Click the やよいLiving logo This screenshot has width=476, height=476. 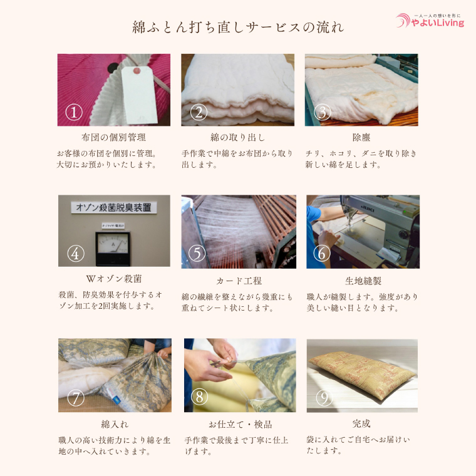coord(431,21)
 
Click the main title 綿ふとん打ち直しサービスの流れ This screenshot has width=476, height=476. coord(238,28)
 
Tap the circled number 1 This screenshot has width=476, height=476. coord(74,112)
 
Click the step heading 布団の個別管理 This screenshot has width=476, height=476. coord(113,137)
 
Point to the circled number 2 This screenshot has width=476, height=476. coord(199,112)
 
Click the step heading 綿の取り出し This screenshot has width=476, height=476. coord(237,137)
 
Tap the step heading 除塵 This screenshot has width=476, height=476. coord(361,137)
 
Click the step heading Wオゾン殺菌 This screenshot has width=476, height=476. coord(113,279)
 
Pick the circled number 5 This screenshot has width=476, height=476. coord(197,253)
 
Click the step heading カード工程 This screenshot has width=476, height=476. coord(239,281)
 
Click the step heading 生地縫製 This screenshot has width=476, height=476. coord(363,281)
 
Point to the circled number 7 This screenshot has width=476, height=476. coord(75,397)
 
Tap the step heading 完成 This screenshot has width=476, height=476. coord(361,424)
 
